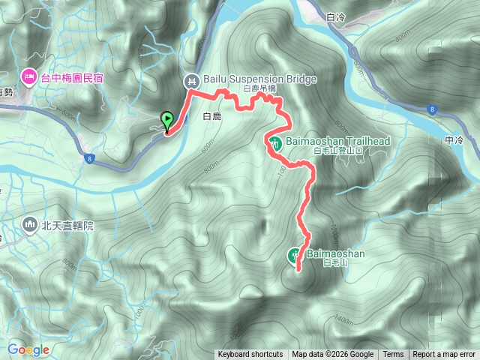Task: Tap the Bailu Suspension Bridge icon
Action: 192,79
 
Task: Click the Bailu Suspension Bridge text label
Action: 250,79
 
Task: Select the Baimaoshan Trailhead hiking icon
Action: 275,142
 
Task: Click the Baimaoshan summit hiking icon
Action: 295,255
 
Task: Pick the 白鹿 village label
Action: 211,117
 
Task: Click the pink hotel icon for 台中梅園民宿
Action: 29,76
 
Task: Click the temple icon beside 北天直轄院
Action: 29,223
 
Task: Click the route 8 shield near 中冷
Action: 433,109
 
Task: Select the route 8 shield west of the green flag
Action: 89,158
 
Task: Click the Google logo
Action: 28,349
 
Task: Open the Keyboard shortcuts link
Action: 250,355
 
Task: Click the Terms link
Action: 393,355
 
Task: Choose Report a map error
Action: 444,355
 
